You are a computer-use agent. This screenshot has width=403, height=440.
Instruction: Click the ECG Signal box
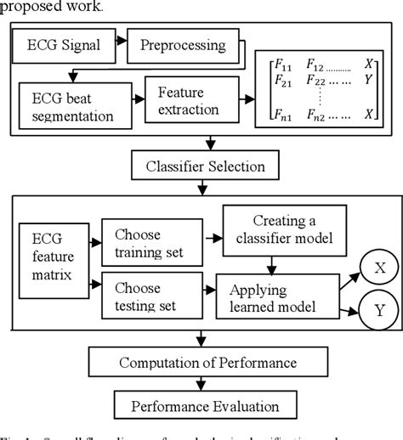(70, 42)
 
